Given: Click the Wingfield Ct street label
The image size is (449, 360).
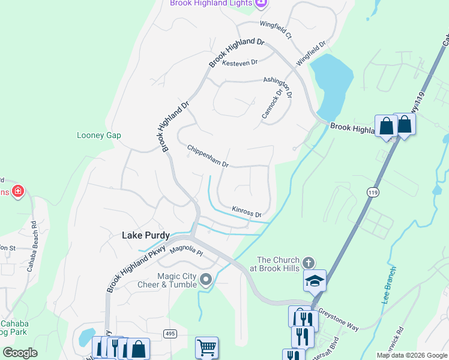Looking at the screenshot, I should [x=276, y=30].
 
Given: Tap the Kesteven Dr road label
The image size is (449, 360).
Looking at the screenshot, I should [x=240, y=62].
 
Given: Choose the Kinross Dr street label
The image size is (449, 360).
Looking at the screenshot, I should [x=247, y=211].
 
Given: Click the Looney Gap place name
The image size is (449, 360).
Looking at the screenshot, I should [x=99, y=135].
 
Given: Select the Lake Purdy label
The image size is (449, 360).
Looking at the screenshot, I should [x=146, y=235].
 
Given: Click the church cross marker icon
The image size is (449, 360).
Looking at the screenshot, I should [x=309, y=263].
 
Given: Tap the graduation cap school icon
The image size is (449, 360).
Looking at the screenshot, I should [x=315, y=280].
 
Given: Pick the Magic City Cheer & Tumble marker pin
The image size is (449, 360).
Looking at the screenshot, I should [x=206, y=279].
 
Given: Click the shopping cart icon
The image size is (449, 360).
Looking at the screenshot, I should [x=206, y=347].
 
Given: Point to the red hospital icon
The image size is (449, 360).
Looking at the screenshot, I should [x=18, y=191].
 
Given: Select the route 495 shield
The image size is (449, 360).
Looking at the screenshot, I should [x=169, y=333].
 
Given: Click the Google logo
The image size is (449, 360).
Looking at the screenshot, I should [x=20, y=352].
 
